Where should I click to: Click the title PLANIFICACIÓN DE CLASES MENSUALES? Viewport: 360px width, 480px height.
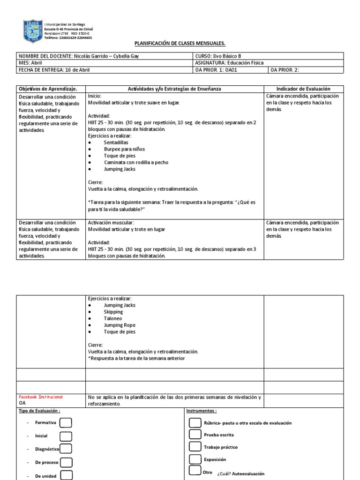[180, 44]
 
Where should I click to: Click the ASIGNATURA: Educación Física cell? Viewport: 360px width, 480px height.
[229, 63]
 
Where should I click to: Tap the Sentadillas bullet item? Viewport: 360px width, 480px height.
[116, 142]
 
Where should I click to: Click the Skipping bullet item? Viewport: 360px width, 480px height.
[113, 312]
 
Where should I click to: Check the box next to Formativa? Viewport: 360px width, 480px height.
[66, 422]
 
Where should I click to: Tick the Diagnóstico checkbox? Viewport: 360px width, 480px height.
[66, 449]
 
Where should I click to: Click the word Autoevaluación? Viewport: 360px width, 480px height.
[247, 473]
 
